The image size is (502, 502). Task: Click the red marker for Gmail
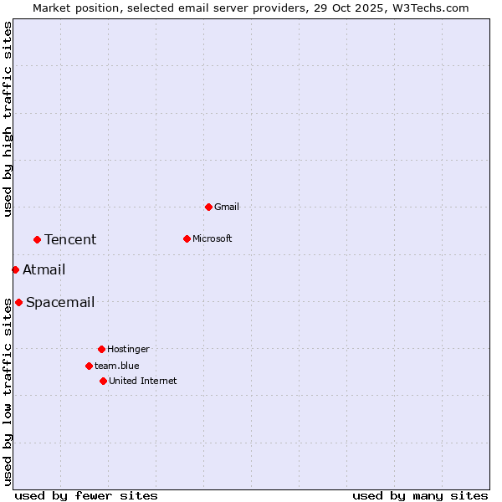(208, 207)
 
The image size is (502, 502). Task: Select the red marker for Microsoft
(187, 238)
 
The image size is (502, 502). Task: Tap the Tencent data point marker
(37, 239)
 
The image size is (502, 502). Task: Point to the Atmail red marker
(15, 269)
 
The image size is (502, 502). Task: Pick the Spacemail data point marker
(18, 302)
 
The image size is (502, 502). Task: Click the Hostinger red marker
(101, 349)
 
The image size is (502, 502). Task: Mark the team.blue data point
(89, 366)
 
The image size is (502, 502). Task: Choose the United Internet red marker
(103, 381)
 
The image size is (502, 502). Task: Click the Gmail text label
(227, 207)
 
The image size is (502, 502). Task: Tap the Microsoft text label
(213, 238)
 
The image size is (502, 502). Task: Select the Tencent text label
(70, 240)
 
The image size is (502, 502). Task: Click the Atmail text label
(44, 269)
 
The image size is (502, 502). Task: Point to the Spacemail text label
(60, 303)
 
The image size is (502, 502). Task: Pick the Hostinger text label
(128, 349)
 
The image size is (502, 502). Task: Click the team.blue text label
(117, 366)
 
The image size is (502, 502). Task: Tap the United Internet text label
(143, 381)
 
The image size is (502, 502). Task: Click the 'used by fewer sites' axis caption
(86, 495)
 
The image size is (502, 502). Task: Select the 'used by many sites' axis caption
(420, 495)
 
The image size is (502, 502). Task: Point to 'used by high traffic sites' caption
(8, 119)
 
